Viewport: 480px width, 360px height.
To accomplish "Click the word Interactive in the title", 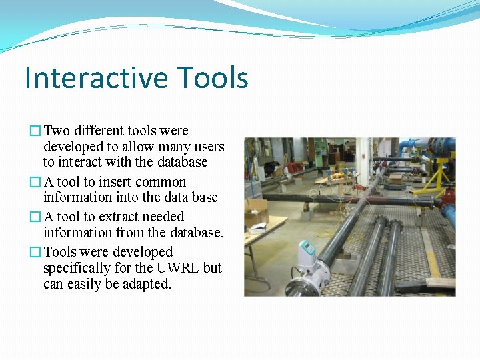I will point(90,77).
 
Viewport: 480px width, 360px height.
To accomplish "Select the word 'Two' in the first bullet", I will point(57,131).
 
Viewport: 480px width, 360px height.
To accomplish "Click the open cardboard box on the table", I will point(256,214).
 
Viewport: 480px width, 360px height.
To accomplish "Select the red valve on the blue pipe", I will point(449,197).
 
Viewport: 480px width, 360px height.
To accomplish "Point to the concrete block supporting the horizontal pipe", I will point(307,213).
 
